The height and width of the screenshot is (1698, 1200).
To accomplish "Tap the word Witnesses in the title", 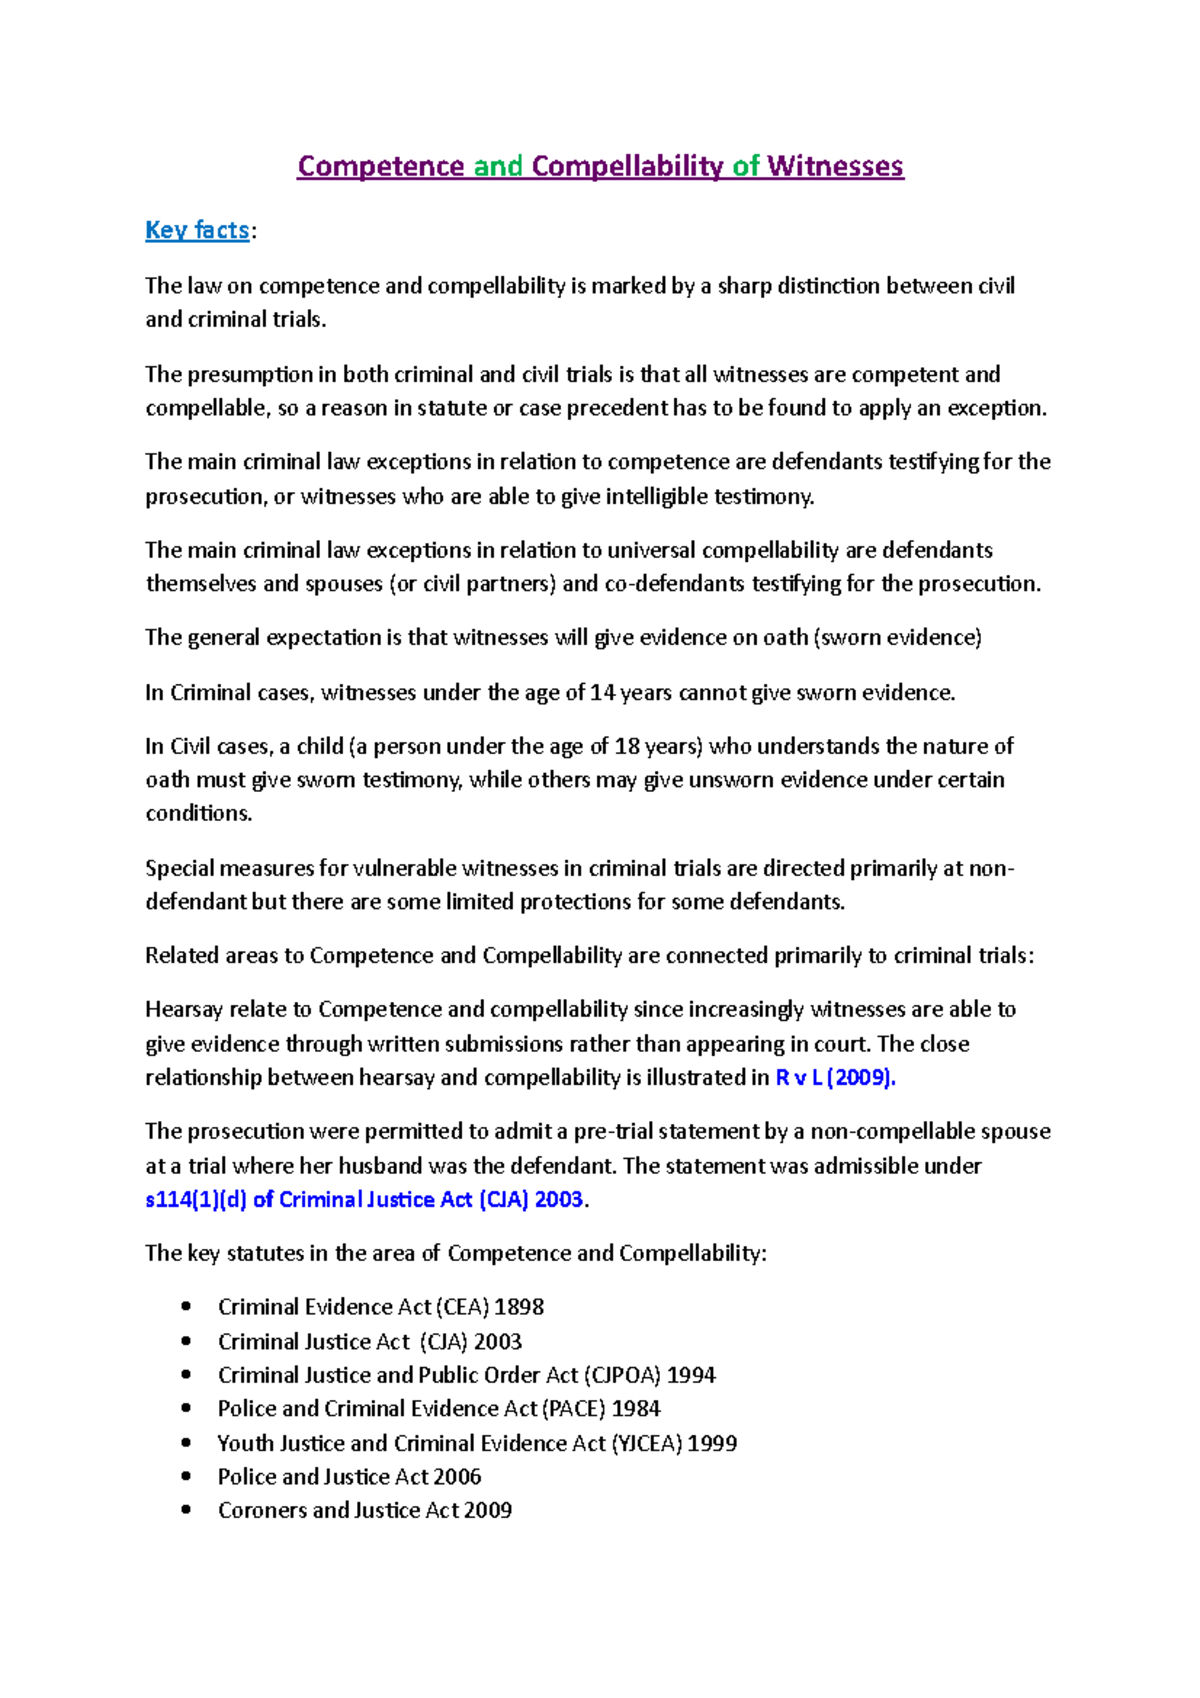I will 835,166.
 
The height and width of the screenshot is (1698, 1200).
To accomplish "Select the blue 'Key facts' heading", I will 197,230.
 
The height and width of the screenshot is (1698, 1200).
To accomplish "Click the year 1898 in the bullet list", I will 519,1308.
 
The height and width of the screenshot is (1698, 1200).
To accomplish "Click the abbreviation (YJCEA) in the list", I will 647,1443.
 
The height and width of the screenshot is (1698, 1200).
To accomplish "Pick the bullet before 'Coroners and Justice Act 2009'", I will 186,1510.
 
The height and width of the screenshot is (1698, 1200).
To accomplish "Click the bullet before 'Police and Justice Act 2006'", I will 186,1476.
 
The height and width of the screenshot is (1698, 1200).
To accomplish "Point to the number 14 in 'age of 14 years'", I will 602,693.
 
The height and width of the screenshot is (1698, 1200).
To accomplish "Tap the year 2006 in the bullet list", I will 456,1477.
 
